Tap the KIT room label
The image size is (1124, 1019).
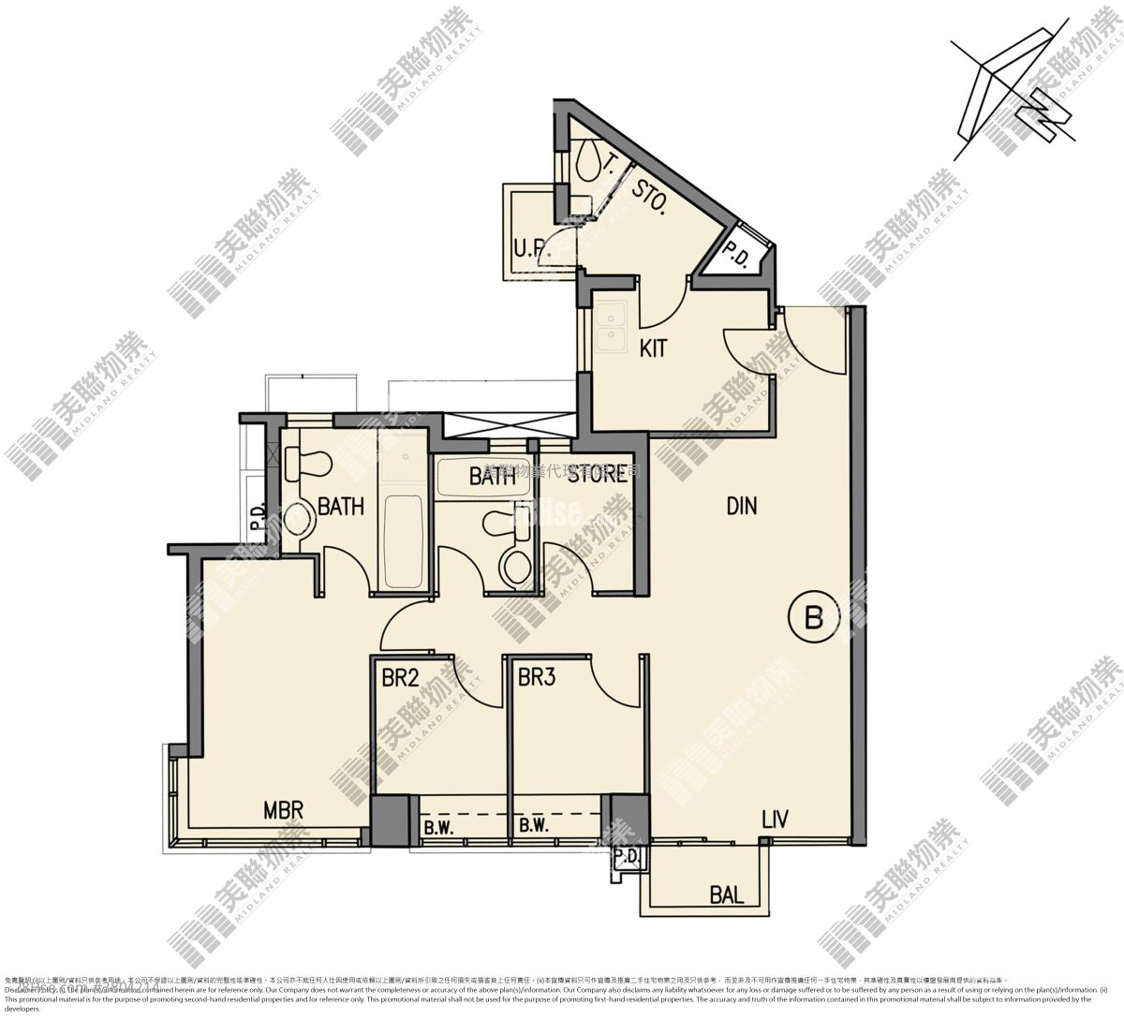click(x=653, y=349)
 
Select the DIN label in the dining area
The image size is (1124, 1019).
click(x=741, y=507)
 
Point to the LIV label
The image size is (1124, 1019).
click(x=775, y=820)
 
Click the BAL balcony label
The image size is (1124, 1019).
click(x=726, y=895)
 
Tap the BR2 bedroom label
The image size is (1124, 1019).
click(x=400, y=677)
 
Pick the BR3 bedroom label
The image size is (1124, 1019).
click(x=537, y=677)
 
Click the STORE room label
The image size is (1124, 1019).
click(x=597, y=474)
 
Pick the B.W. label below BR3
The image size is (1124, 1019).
click(x=533, y=826)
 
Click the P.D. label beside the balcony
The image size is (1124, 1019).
click(x=627, y=857)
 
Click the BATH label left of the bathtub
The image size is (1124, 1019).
click(x=341, y=507)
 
